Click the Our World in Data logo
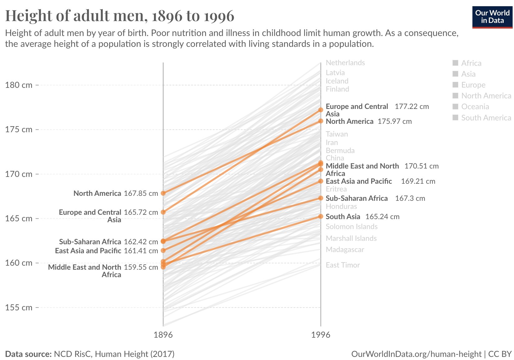pos(492,17)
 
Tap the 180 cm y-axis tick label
pos(19,85)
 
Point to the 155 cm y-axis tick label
pos(19,308)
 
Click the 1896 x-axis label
pos(163,335)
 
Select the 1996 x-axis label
pos(321,335)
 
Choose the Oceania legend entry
pos(475,107)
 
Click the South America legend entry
pos(486,118)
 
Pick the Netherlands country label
pos(345,63)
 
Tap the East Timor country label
pos(343,265)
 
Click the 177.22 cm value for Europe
pos(412,107)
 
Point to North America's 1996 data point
pos(321,121)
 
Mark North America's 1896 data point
pos(163,193)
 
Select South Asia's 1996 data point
pos(321,216)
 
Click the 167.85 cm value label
pos(141,193)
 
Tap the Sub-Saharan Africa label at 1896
pos(90,242)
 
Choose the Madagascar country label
pos(345,250)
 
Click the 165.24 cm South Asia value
pos(382,217)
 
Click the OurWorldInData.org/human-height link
pos(416,354)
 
